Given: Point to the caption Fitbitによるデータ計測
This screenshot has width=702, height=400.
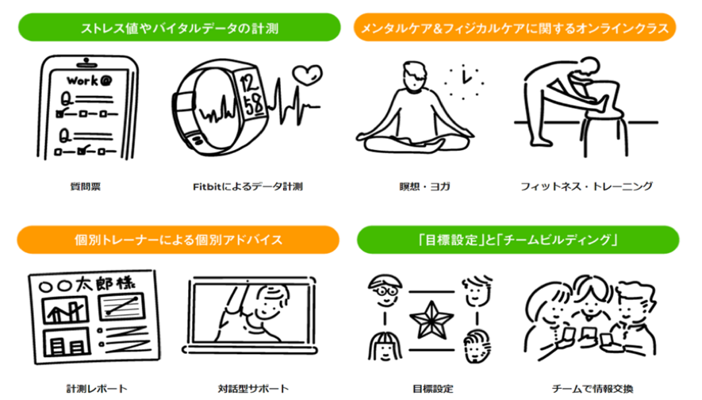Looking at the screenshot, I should (x=248, y=187).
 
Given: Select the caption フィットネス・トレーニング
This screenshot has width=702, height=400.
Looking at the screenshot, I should (x=587, y=187).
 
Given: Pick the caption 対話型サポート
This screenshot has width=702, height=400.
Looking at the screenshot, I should (x=253, y=389).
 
